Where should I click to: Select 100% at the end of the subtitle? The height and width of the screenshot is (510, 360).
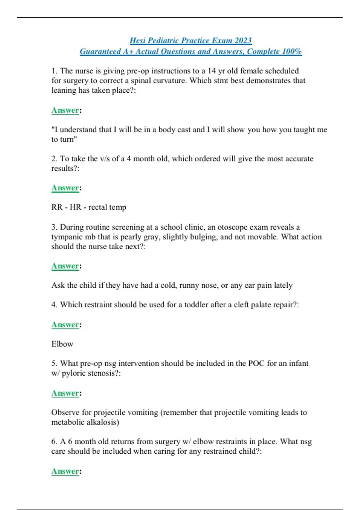tap(292, 52)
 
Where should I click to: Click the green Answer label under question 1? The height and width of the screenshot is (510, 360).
tap(65, 110)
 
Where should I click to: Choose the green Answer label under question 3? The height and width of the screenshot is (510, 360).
tap(65, 266)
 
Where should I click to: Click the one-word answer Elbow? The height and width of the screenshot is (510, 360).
tap(62, 344)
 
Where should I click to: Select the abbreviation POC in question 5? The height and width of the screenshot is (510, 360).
tap(256, 364)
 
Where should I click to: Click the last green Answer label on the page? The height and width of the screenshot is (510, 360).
tap(65, 471)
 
